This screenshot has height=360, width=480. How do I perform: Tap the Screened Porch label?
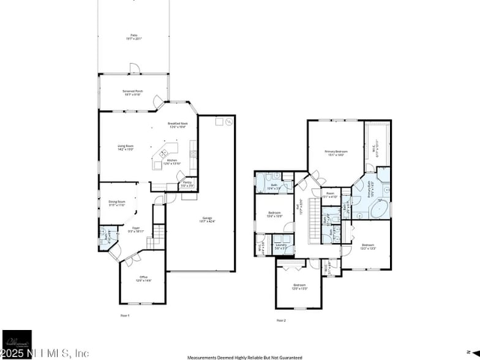point(133,92)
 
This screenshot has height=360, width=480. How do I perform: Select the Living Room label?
point(126,147)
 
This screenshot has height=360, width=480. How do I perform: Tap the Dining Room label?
point(117,203)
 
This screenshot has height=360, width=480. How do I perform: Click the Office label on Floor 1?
point(143,279)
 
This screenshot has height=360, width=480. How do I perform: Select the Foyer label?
point(136,230)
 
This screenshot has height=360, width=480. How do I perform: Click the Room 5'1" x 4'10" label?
point(331,195)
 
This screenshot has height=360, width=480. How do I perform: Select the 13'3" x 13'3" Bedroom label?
point(367,247)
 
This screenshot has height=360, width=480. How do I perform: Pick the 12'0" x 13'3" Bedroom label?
point(299,287)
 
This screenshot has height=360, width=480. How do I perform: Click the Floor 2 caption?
point(281,320)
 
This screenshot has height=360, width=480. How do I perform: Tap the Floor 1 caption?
point(126,315)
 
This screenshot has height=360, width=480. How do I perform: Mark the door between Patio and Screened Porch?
point(133,69)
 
